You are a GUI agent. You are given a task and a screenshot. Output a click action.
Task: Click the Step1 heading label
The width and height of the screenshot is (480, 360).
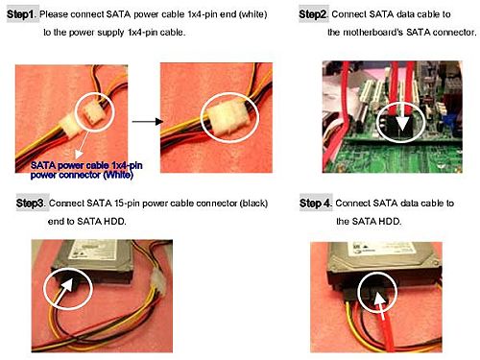(20, 14)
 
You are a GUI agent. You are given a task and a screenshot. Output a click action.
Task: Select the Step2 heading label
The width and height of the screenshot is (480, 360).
(312, 14)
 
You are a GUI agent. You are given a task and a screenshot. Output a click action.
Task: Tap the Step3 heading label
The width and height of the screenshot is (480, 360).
(30, 204)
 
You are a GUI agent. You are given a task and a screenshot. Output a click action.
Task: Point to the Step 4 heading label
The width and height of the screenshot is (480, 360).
(315, 204)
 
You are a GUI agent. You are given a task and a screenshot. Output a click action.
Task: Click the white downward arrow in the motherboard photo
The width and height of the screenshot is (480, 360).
(401, 121)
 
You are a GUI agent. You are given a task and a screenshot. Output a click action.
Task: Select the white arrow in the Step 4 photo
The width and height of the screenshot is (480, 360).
(380, 306)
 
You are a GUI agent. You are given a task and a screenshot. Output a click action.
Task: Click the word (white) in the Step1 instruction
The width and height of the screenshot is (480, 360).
(252, 14)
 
